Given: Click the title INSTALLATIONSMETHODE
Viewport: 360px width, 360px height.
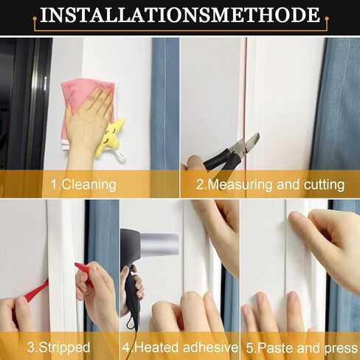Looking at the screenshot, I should click(x=180, y=15).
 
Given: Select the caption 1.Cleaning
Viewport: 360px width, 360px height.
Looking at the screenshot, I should click(x=83, y=184).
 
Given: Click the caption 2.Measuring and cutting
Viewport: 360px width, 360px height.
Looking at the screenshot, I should click(x=270, y=184).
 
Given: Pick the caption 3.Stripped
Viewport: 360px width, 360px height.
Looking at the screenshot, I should click(x=58, y=347).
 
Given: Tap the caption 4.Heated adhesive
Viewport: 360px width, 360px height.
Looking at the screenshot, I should click(x=180, y=347).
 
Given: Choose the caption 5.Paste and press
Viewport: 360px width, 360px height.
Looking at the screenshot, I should click(x=300, y=347).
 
